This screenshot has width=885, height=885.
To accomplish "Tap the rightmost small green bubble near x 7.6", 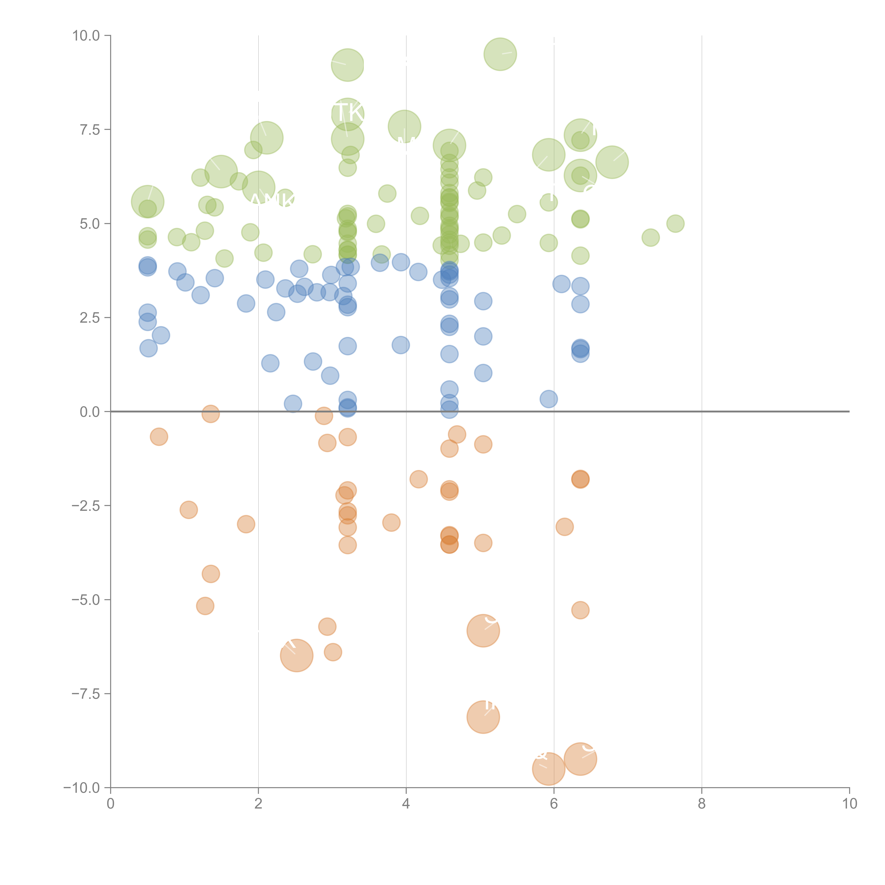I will point(675,224).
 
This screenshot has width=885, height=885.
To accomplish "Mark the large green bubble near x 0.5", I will point(147,202).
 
